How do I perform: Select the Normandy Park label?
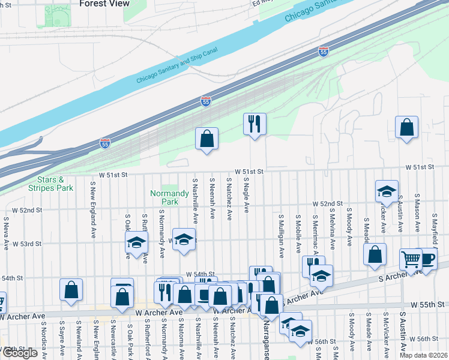click(x=165, y=198)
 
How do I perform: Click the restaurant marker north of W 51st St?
click(x=255, y=124)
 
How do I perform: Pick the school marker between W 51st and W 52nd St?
click(x=387, y=191)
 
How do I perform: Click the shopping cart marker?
click(x=412, y=259)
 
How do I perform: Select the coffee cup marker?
click(x=427, y=259)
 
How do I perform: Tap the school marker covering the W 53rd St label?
click(x=184, y=239)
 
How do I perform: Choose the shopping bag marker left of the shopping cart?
click(x=375, y=254)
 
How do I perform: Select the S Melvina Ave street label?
click(x=332, y=229)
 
